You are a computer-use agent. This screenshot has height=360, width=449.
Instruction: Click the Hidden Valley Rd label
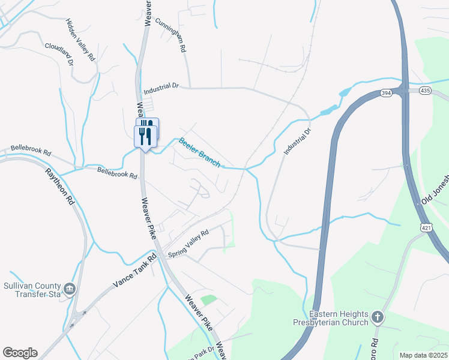click(81, 40)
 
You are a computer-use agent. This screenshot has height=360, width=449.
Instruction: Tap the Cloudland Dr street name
click(58, 53)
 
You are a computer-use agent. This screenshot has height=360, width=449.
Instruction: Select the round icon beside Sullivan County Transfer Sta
click(70, 290)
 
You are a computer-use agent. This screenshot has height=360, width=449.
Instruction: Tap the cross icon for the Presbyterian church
click(377, 316)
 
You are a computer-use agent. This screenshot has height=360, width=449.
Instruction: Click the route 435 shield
click(425, 90)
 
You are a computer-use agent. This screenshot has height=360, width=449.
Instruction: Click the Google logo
click(20, 353)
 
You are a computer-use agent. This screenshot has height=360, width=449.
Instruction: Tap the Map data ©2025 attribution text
click(424, 355)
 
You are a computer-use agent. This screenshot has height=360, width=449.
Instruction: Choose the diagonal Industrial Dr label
click(298, 143)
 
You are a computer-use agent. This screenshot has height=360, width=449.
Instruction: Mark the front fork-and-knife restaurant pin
click(144, 137)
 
